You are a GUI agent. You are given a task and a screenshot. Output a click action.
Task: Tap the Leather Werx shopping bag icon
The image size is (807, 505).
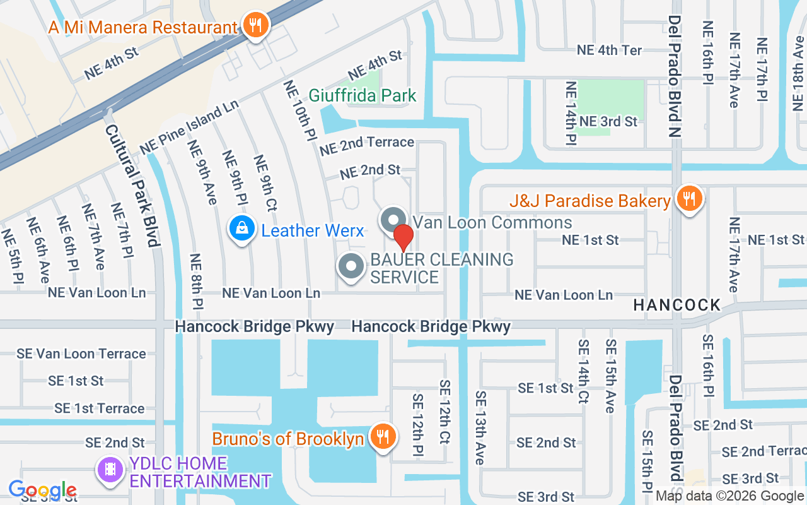click(241, 229)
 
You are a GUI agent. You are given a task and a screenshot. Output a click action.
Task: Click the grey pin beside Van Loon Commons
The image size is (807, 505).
click(393, 220)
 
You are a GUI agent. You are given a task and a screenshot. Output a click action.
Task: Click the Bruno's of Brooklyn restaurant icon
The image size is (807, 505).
click(381, 437)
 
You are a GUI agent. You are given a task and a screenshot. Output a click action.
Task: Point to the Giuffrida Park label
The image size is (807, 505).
click(363, 96)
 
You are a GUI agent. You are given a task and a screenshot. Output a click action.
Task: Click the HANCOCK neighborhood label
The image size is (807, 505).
click(676, 305)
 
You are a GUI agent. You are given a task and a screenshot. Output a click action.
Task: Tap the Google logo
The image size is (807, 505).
click(42, 490)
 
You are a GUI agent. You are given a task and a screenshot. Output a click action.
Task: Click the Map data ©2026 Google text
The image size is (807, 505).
click(729, 496)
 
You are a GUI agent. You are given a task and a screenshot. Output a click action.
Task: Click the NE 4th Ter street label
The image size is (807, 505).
click(610, 50)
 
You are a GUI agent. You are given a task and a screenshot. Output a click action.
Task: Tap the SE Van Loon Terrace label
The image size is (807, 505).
click(81, 353)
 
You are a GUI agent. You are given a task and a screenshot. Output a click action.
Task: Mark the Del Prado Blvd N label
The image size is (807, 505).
click(675, 76)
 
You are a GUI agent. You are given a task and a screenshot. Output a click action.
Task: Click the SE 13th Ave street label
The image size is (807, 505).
click(480, 427)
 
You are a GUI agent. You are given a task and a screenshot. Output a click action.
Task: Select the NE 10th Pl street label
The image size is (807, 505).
click(299, 110)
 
